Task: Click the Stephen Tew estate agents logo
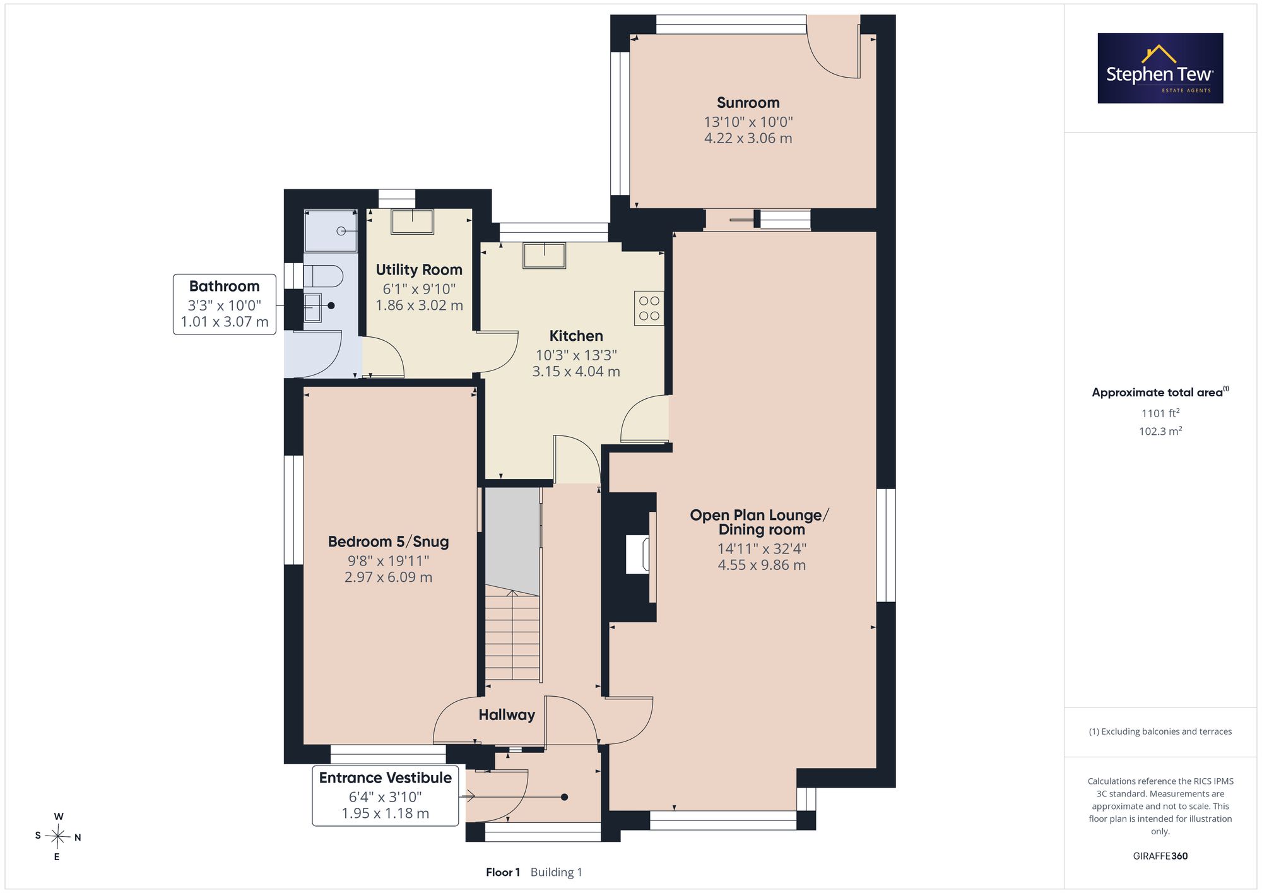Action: coord(1160,68)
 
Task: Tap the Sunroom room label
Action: coord(748,103)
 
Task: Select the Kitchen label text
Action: coord(575,336)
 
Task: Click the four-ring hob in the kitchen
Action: coord(649,309)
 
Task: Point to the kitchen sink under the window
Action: coord(544,256)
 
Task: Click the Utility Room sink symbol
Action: coord(412,222)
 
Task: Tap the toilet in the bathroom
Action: coord(323,276)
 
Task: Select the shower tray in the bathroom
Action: coord(331,231)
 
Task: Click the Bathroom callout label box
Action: coord(225,304)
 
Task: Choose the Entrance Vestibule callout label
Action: coord(386,795)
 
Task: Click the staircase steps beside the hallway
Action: coord(512,636)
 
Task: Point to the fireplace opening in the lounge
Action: coord(637,554)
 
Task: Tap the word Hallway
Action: coord(507,715)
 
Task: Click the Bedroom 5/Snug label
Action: coord(388,541)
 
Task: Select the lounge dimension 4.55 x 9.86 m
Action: coord(762,565)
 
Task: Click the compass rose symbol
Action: coord(58,837)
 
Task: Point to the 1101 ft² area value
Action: coord(1160,413)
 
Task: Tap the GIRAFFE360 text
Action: coord(1160,856)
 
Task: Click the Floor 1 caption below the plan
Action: coord(503,872)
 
